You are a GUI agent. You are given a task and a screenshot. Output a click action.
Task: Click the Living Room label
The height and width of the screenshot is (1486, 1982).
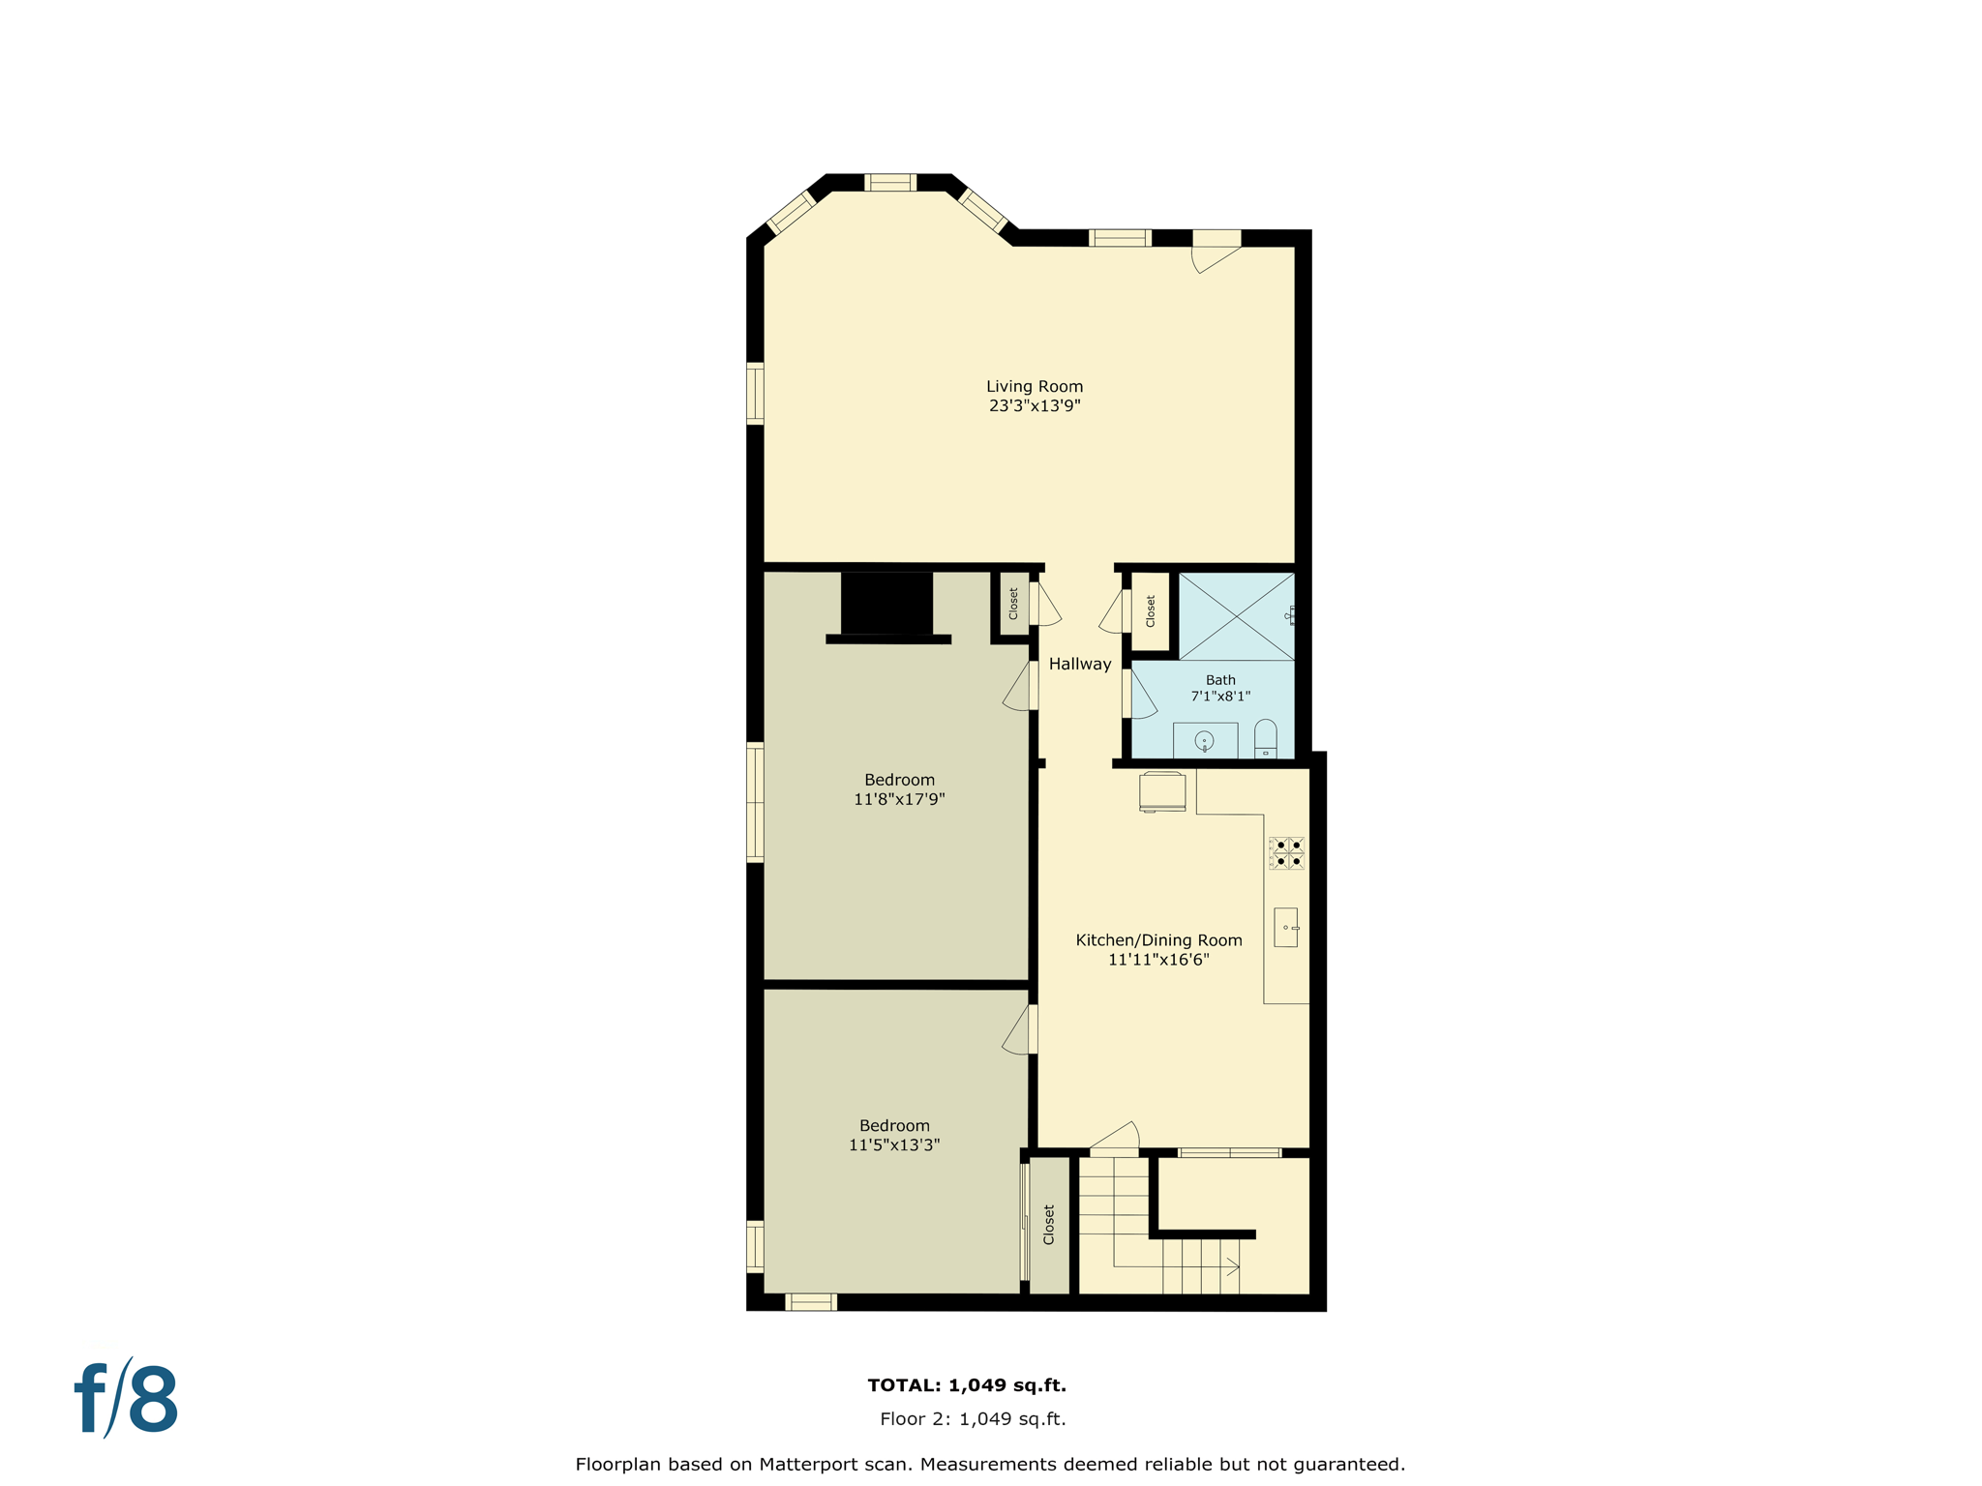pyautogui.click(x=1034, y=386)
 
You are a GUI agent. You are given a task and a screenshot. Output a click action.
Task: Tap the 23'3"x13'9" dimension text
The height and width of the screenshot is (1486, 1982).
pyautogui.click(x=1034, y=406)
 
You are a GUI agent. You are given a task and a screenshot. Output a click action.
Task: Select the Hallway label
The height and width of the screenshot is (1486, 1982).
pyautogui.click(x=1079, y=664)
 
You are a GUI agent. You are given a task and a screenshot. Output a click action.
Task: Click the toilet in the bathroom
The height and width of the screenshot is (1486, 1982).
pyautogui.click(x=1265, y=739)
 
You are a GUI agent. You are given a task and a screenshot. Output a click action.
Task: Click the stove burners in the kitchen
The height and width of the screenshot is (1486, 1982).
pyautogui.click(x=1287, y=852)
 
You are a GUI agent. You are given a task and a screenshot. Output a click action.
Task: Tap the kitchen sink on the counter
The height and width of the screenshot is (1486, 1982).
pyautogui.click(x=1285, y=927)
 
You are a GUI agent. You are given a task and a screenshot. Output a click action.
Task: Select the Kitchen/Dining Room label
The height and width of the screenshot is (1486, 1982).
pyautogui.click(x=1158, y=940)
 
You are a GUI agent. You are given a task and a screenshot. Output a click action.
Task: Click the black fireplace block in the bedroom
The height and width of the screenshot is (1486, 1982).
pyautogui.click(x=886, y=603)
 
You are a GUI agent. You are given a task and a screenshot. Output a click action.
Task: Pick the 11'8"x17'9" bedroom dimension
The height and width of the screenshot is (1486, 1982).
pyautogui.click(x=899, y=799)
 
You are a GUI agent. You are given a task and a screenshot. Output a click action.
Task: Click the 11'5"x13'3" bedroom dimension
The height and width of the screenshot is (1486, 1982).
pyautogui.click(x=894, y=1144)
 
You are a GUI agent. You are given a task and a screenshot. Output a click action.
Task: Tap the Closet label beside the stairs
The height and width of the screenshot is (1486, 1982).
pyautogui.click(x=1049, y=1225)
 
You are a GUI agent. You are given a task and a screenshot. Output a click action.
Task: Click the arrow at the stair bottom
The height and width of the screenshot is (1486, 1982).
pyautogui.click(x=1233, y=1266)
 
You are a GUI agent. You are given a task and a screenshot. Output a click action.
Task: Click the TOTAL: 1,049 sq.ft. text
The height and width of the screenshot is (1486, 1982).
pyautogui.click(x=967, y=1384)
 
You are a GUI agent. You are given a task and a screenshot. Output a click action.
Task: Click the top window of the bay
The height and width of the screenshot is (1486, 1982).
pyautogui.click(x=889, y=183)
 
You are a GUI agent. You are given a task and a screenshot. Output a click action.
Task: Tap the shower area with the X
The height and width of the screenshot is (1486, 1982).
pyautogui.click(x=1236, y=616)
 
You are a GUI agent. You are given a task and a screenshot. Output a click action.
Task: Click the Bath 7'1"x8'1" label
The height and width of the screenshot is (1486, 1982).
pyautogui.click(x=1220, y=688)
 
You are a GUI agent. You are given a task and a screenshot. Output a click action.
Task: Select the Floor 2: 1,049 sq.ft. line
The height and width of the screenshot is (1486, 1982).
pyautogui.click(x=973, y=1418)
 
